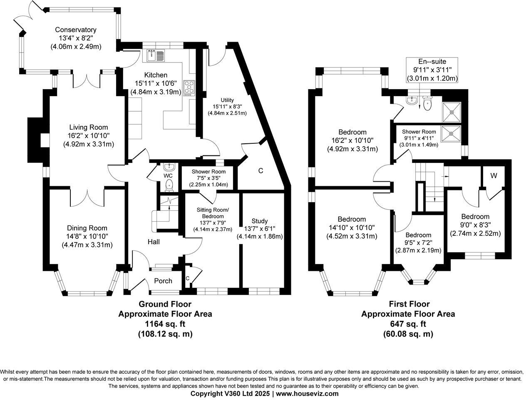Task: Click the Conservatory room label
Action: point(76,30)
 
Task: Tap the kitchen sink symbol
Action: point(156,55)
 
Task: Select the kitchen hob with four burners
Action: point(189,87)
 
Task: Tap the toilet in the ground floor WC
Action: point(169,185)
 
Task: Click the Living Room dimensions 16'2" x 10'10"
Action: point(88,136)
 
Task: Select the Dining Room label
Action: point(87,228)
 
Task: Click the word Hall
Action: point(154,242)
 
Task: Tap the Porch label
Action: point(163,281)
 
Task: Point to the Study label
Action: point(259,221)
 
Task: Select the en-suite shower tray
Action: point(451,109)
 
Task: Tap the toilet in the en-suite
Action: point(427,104)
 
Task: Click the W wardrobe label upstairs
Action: point(494,176)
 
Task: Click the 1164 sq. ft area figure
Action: point(165,324)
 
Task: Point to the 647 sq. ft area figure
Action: point(408,324)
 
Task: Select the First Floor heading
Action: point(409,304)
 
